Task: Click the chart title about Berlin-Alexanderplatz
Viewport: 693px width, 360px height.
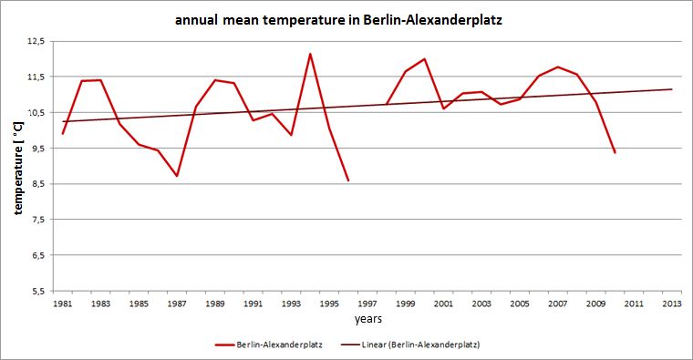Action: coord(346,21)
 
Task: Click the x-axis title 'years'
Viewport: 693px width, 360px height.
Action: coord(369,319)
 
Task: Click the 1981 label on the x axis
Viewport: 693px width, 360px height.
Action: coord(63,303)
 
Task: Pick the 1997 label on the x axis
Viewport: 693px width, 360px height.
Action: coord(367,303)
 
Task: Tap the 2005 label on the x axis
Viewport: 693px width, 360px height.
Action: coord(520,303)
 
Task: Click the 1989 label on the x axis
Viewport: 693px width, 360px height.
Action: coord(215,303)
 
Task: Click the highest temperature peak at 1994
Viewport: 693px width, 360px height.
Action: coord(310,54)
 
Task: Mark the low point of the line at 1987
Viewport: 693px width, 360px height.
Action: coord(177,176)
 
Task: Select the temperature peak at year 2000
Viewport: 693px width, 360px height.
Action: coord(425,59)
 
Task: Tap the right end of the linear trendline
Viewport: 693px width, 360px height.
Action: coord(672,89)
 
